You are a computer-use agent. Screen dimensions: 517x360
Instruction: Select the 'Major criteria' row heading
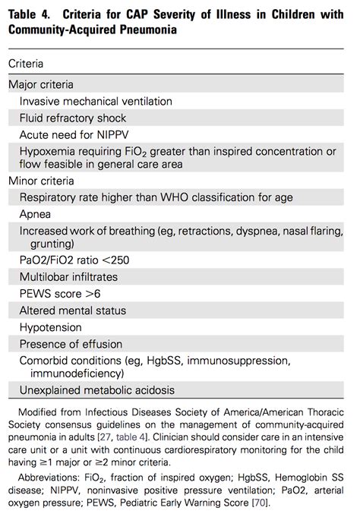point(41,84)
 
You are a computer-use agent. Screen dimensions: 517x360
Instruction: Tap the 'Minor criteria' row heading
point(41,181)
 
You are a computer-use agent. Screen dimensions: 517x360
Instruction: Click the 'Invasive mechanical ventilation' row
point(96,101)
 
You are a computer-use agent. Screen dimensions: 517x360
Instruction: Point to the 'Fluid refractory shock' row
point(73,118)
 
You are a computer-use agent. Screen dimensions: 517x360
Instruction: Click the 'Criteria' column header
point(26,65)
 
